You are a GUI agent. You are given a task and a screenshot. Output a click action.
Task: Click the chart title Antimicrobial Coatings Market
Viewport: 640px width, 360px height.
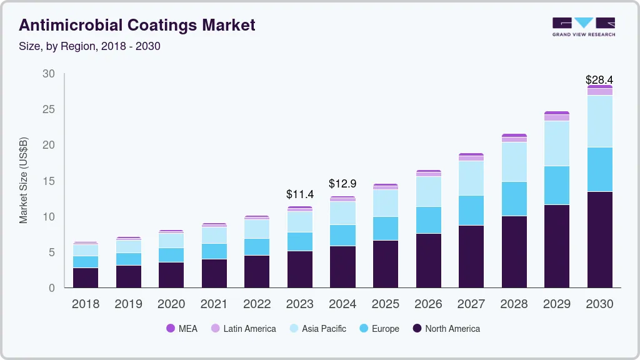tap(137, 26)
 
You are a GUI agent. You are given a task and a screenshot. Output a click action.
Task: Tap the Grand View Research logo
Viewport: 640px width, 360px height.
tap(583, 27)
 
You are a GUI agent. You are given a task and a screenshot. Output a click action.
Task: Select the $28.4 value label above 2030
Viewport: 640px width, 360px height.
tap(599, 79)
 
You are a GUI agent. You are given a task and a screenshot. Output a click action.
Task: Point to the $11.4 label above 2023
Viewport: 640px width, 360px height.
tap(300, 194)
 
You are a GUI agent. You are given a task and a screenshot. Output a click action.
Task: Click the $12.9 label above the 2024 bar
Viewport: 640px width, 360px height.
tap(342, 184)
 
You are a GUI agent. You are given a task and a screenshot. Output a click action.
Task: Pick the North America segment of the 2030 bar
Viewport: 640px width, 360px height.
tap(599, 239)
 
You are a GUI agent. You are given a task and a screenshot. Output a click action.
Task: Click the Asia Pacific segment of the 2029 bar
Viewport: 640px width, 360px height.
tap(556, 143)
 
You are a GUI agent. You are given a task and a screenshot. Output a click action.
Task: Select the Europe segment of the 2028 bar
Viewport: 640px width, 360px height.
tap(514, 199)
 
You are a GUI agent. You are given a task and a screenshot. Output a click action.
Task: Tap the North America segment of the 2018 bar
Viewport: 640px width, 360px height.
tap(86, 277)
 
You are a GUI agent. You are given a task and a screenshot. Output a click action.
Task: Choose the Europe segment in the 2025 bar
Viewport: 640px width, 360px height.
tap(386, 228)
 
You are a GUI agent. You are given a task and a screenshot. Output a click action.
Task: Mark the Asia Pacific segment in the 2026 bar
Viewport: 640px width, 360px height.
tap(428, 191)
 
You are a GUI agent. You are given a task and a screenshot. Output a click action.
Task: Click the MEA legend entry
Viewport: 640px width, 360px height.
tap(182, 328)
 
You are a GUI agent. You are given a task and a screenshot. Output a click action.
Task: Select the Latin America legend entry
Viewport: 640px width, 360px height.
tap(243, 328)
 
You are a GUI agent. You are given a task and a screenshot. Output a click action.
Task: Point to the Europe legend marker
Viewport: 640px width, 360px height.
tap(361, 328)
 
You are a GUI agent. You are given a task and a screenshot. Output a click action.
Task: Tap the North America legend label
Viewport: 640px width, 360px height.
tap(452, 328)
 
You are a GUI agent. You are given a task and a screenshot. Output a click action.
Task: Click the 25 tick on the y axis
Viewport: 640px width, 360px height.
tap(49, 109)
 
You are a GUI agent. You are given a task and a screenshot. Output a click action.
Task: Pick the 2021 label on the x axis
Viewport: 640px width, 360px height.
tap(214, 304)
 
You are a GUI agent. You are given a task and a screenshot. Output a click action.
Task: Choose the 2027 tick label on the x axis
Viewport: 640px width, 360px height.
tap(471, 304)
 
